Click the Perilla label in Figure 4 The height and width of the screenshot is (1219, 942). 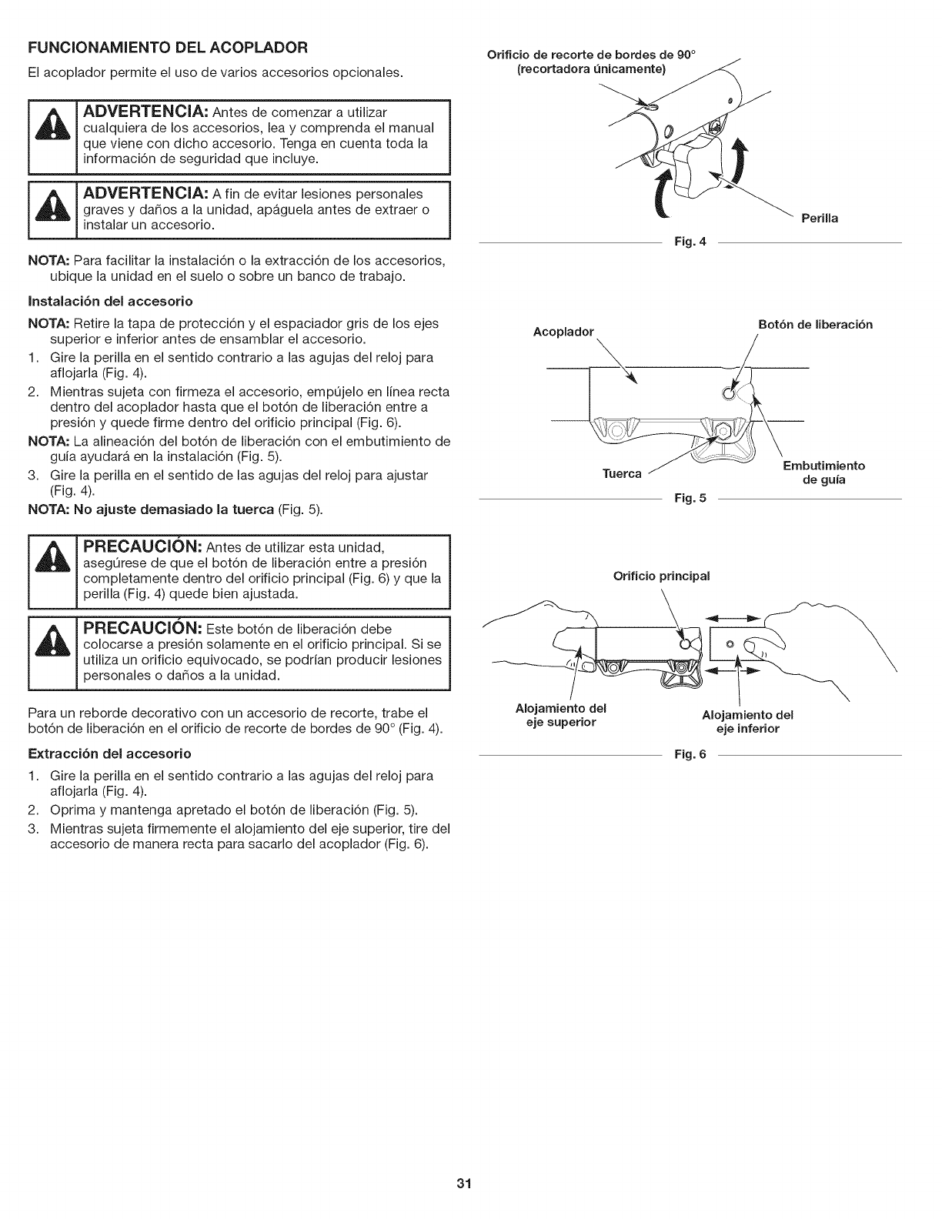820,219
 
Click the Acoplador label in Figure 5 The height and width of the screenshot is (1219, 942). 564,332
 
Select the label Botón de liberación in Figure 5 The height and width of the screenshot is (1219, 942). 816,324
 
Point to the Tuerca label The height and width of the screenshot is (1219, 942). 623,473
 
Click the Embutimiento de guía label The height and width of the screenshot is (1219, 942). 823,472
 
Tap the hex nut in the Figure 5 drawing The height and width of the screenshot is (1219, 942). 721,430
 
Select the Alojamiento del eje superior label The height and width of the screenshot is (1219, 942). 561,714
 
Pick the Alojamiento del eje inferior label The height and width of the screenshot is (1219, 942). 748,721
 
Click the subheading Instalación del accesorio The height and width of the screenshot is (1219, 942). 110,299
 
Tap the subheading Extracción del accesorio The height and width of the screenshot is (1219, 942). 109,752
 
